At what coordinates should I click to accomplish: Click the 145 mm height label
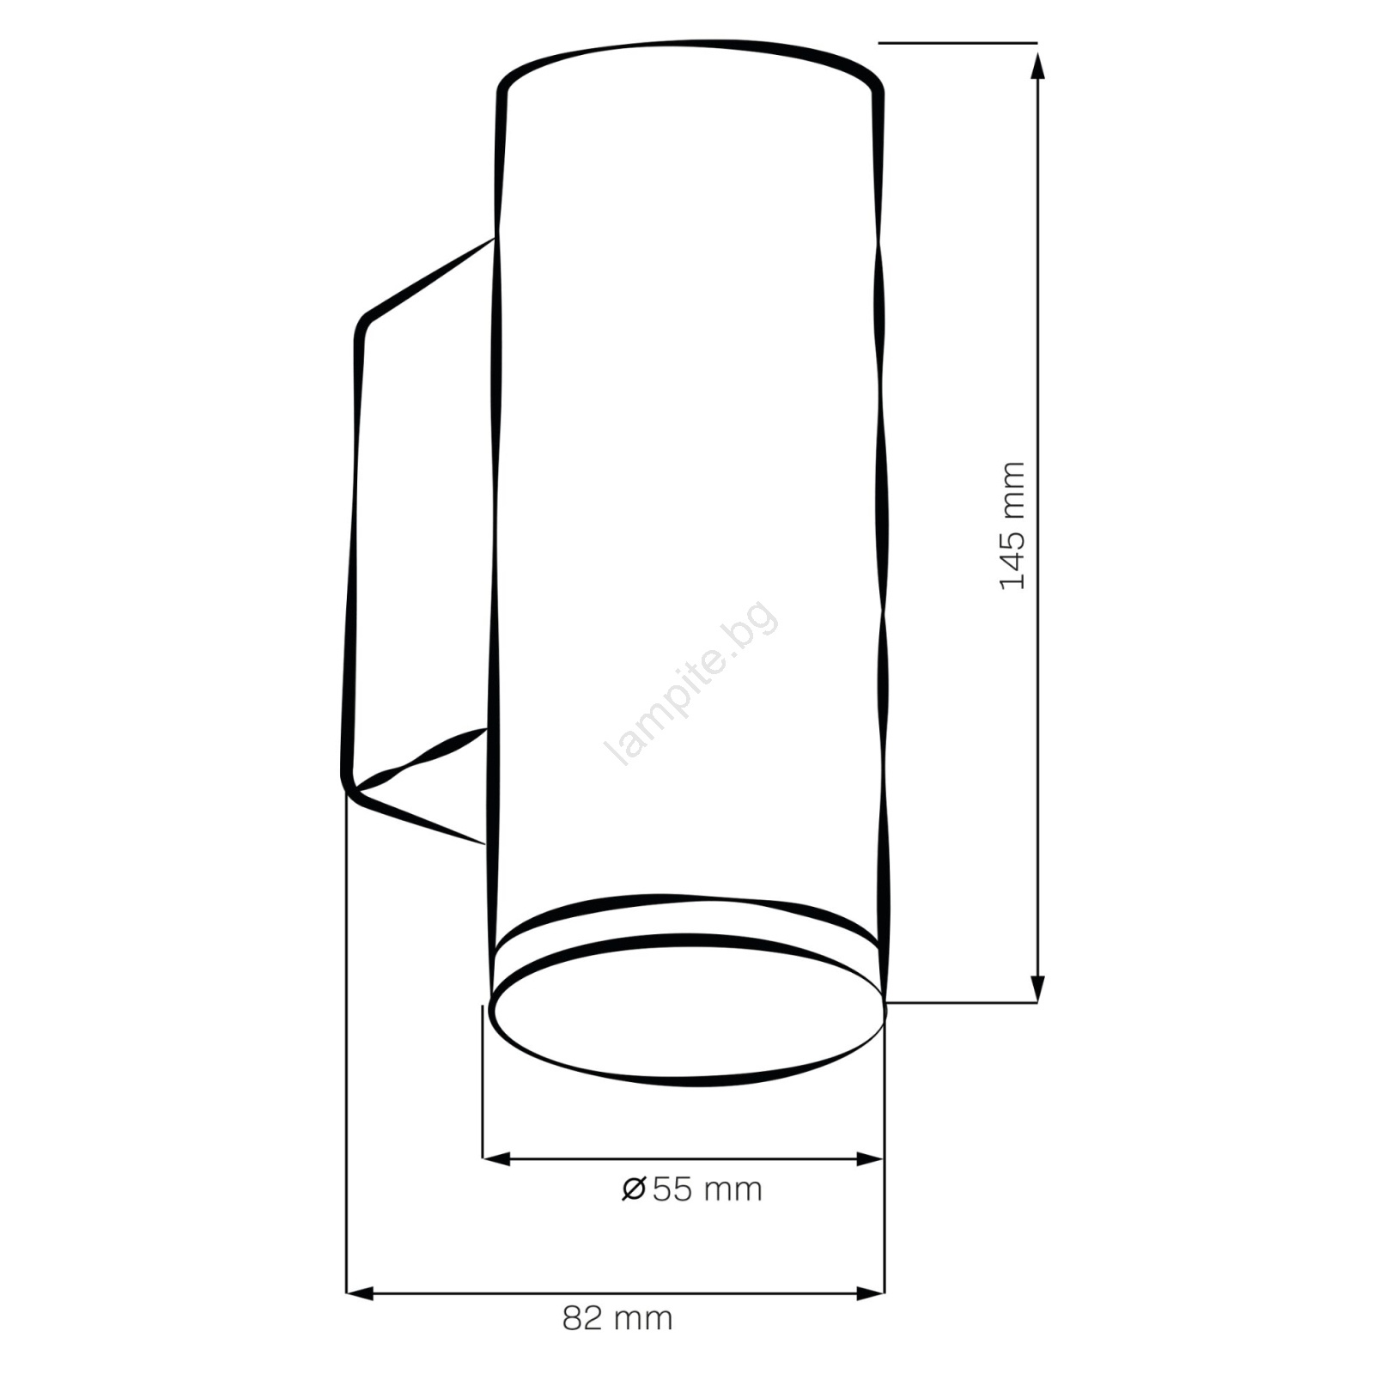(1013, 525)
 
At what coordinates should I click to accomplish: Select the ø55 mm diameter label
(692, 1189)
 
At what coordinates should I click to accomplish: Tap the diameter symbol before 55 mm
(634, 1189)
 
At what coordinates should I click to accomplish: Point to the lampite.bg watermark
(692, 683)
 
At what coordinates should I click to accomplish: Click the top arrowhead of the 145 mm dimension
(1037, 65)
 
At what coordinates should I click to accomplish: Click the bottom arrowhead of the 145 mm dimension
(1037, 988)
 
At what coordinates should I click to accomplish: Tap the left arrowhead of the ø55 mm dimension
(496, 1158)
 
